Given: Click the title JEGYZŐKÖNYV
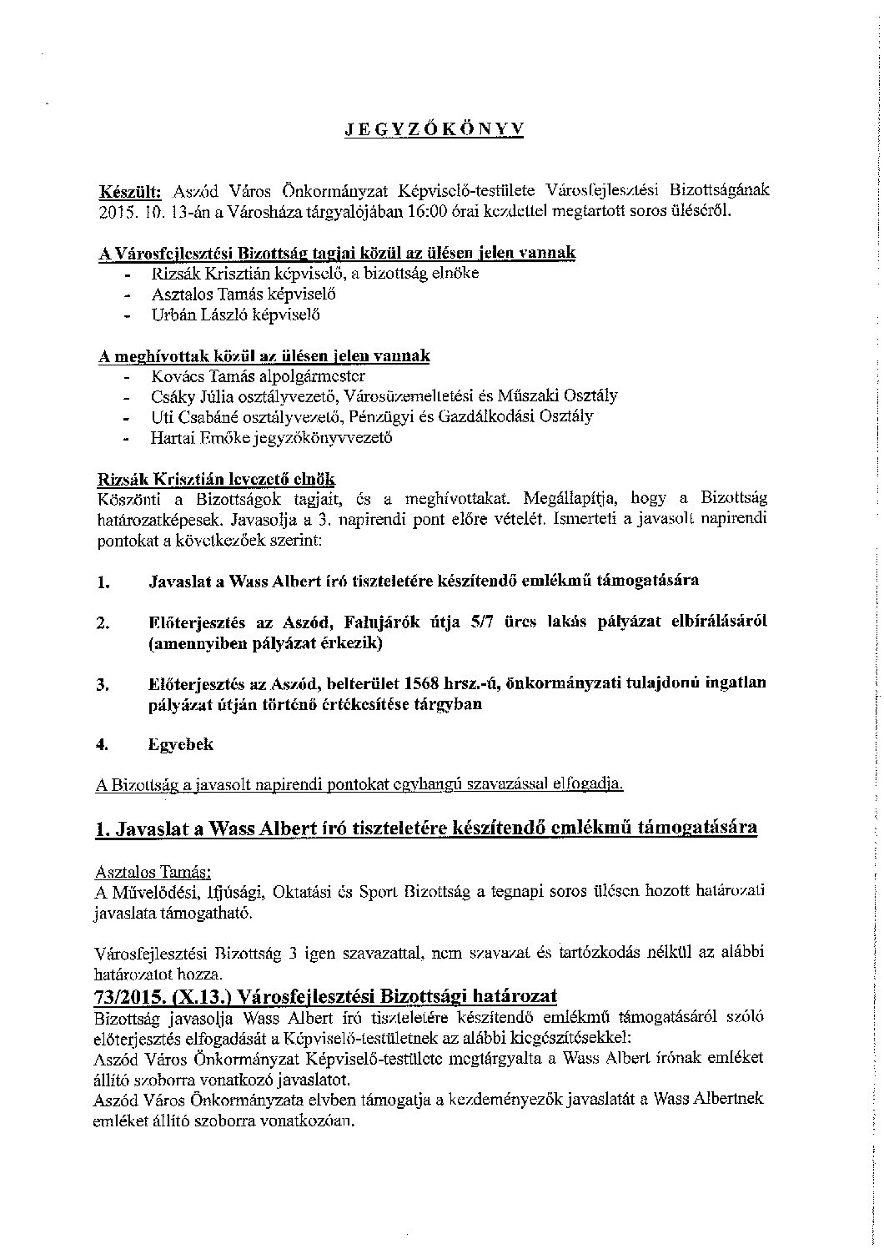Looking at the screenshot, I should click(x=434, y=128).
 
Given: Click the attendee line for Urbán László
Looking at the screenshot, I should click(x=236, y=315).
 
